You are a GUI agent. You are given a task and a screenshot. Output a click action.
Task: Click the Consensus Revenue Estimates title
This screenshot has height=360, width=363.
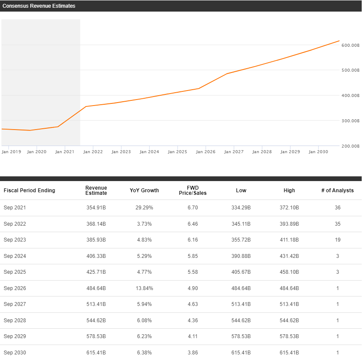[x=39, y=6]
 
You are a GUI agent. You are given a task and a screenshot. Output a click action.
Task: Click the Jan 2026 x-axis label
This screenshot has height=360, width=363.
[x=205, y=152]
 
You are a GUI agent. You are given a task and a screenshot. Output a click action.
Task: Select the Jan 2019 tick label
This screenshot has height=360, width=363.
[x=12, y=152]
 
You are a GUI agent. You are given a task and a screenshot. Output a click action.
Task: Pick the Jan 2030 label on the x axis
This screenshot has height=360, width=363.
[x=318, y=152]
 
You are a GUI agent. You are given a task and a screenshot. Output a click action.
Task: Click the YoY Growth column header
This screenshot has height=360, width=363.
[x=144, y=191]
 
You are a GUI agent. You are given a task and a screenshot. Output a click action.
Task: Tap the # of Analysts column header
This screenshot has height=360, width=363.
[x=337, y=191]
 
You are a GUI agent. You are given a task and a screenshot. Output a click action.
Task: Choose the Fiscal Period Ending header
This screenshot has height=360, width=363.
[x=30, y=191]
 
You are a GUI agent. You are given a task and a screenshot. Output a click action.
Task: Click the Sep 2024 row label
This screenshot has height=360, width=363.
[x=15, y=256]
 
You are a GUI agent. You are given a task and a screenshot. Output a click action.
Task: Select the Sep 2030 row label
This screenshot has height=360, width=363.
[x=15, y=353]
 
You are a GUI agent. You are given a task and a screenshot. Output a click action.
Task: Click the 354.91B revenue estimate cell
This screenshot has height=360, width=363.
[x=96, y=208]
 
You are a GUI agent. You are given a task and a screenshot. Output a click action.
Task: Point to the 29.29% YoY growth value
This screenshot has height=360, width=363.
[x=144, y=208]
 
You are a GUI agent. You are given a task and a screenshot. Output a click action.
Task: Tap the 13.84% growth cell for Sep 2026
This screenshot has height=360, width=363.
[x=144, y=288]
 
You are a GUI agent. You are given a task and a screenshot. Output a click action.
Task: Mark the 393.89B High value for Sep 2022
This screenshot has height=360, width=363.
[x=289, y=224]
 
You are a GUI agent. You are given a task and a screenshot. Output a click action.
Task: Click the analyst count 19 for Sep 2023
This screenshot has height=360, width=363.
[x=337, y=240]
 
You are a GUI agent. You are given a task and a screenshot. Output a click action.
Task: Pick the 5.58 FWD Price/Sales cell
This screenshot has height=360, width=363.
[x=193, y=272]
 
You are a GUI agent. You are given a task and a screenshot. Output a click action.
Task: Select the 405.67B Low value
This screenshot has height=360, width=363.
[x=241, y=272]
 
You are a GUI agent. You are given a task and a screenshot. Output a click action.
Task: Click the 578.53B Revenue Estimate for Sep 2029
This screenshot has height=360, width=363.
[x=96, y=336]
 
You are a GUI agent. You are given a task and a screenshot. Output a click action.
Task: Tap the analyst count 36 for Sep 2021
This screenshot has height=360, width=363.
[x=337, y=208]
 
